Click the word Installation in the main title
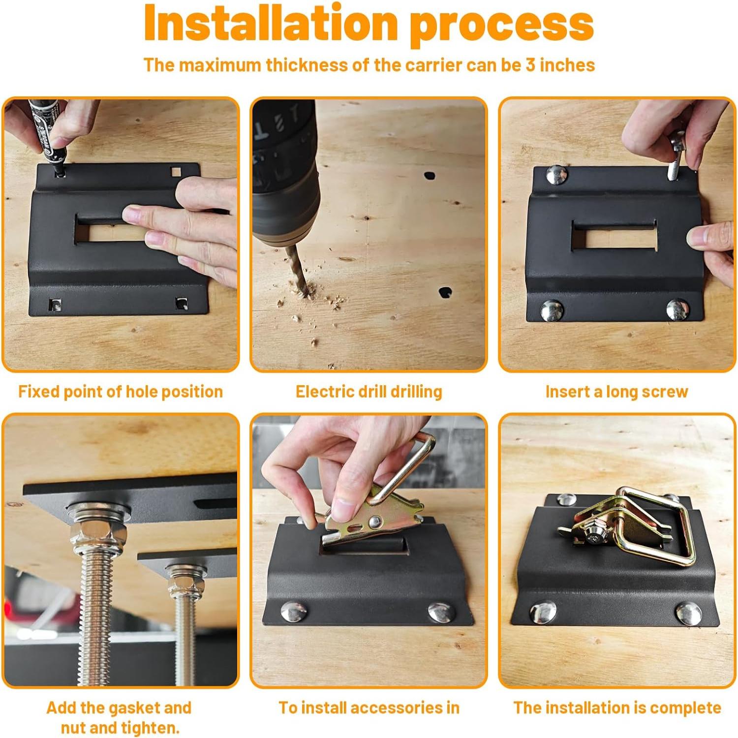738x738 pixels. pos(271,23)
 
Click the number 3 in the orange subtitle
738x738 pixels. pos(530,65)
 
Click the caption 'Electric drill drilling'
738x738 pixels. pos(369,392)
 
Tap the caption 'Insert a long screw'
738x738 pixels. pos(617,392)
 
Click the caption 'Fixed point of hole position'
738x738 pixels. pos(121,392)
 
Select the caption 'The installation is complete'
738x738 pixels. pos(617,708)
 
